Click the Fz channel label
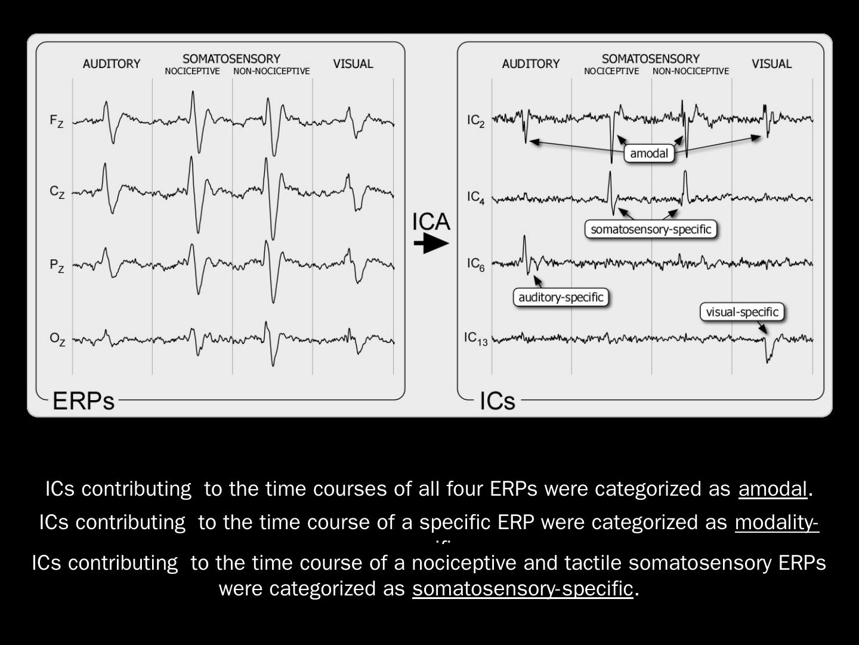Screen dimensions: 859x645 56,121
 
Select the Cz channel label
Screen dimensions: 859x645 57,192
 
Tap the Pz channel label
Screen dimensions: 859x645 57,265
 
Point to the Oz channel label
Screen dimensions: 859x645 57,339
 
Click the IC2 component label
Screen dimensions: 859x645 476,121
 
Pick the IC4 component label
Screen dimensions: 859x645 476,197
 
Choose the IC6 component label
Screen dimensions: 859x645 476,264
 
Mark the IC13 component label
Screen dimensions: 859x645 476,339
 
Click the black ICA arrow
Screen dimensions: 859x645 431,243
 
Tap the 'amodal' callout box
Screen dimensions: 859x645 649,153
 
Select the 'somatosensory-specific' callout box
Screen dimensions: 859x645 651,229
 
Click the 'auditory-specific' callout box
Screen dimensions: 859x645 561,297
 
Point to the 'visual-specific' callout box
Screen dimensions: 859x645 742,312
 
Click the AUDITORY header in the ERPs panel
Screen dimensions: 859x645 112,64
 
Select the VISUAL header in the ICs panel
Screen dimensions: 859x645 771,64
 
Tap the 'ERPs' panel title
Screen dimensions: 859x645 84,401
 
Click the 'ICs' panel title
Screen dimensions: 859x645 498,401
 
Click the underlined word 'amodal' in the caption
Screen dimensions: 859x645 773,489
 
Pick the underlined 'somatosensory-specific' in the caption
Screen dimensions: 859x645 522,589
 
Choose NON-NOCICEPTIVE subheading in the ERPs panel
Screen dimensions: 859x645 271,72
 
